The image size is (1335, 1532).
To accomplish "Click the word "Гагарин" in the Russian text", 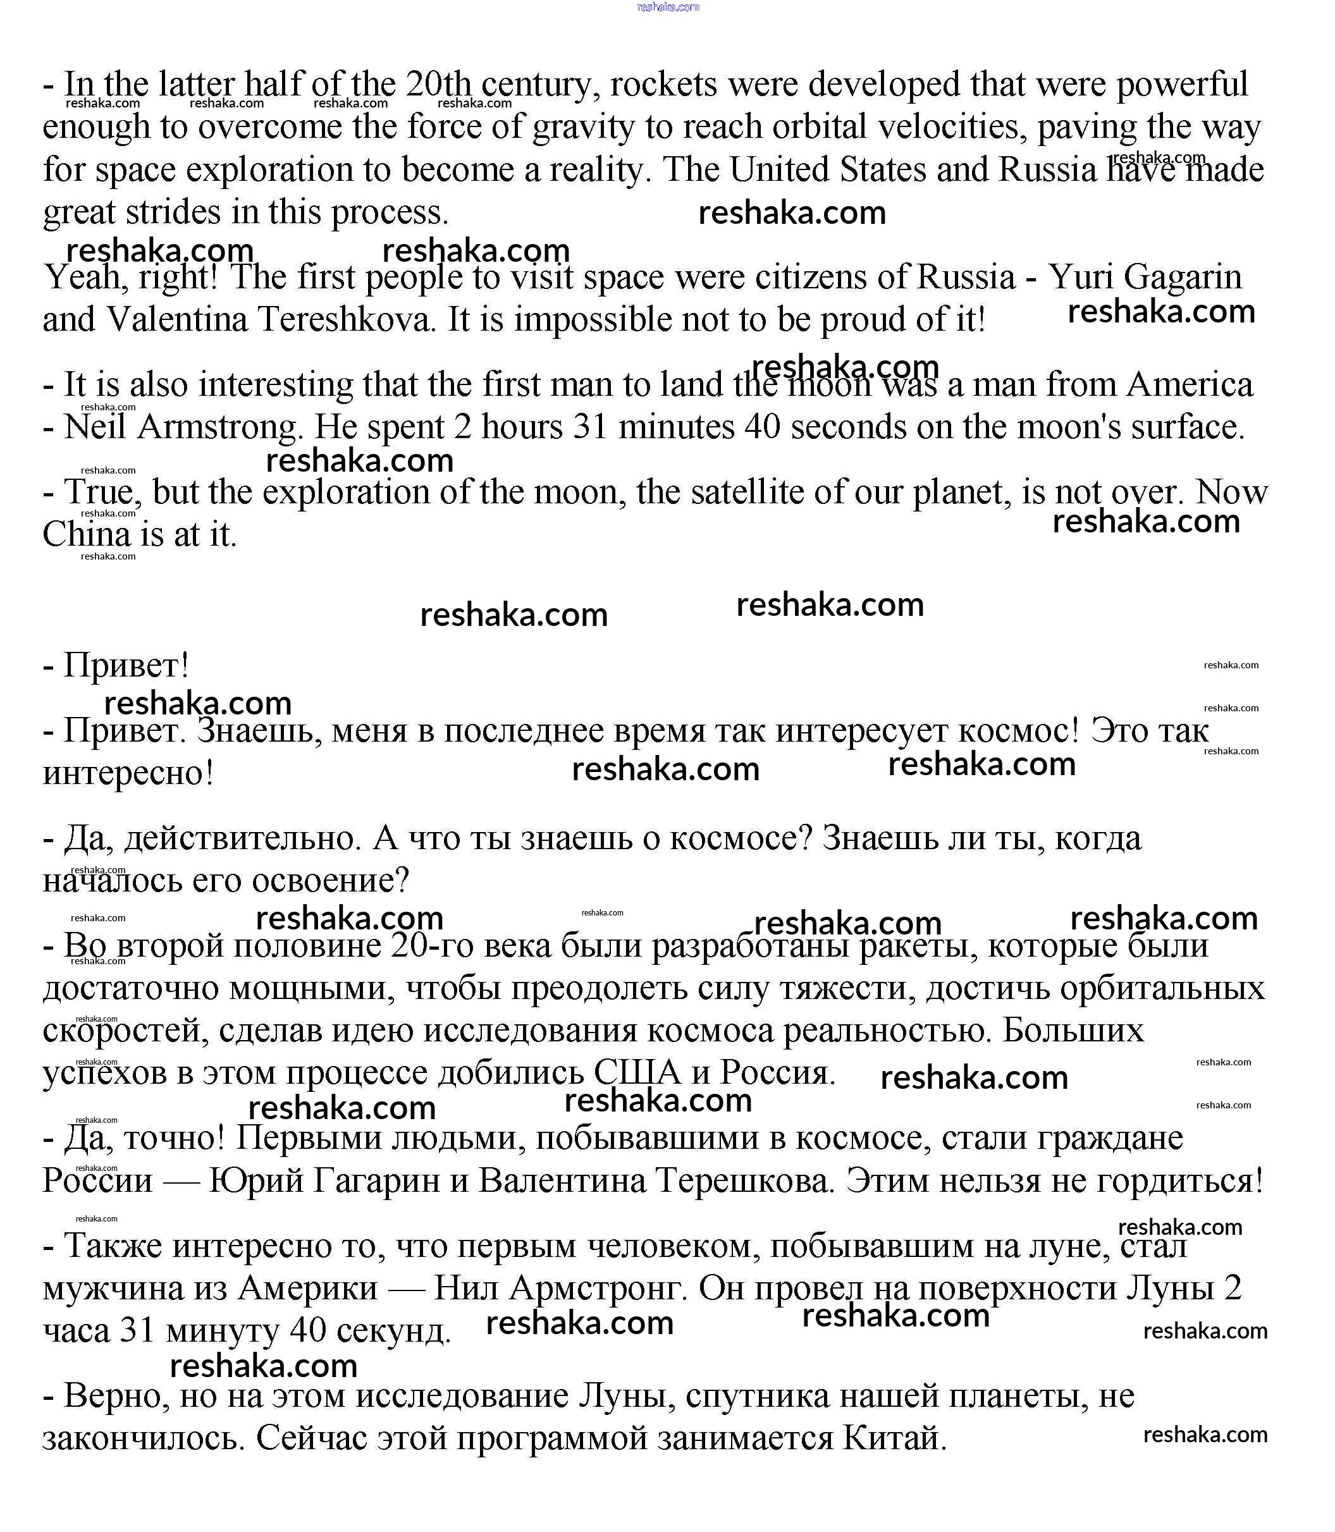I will click(x=376, y=1180).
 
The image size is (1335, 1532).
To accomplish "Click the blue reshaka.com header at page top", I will click(x=668, y=7).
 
